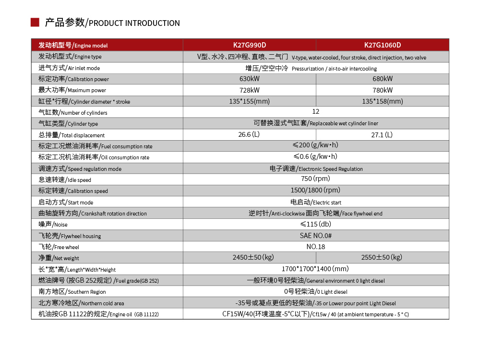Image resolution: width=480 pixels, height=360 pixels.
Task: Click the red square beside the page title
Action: tap(35, 23)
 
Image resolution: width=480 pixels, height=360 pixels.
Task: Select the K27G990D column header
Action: tap(249, 45)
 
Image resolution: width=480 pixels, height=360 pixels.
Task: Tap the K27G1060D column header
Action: tap(383, 45)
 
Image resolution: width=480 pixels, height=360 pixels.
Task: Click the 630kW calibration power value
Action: tap(249, 79)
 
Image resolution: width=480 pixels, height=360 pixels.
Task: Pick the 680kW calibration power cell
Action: tap(383, 79)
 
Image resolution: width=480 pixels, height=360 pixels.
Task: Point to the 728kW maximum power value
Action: tap(249, 90)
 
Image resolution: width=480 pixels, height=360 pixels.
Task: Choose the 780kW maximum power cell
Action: tap(383, 90)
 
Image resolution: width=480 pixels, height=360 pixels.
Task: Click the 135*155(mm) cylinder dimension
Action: tap(249, 101)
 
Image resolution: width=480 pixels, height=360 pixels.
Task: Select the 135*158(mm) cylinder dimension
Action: tap(383, 101)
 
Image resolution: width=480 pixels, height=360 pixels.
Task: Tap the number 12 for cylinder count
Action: tap(316, 112)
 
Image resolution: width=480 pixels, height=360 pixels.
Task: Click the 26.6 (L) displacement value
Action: tap(249, 134)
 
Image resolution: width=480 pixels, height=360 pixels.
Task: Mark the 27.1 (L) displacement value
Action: tap(383, 135)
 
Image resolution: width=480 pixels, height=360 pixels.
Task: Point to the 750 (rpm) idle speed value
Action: tap(316, 179)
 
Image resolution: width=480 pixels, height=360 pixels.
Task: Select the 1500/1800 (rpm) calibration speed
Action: tap(316, 190)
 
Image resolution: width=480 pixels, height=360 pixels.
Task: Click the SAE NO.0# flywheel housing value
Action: tap(316, 235)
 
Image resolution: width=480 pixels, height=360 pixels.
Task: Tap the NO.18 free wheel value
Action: tap(316, 247)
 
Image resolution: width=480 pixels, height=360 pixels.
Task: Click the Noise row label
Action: tap(53, 224)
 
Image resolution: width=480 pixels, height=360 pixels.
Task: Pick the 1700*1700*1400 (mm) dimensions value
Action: tap(315, 269)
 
